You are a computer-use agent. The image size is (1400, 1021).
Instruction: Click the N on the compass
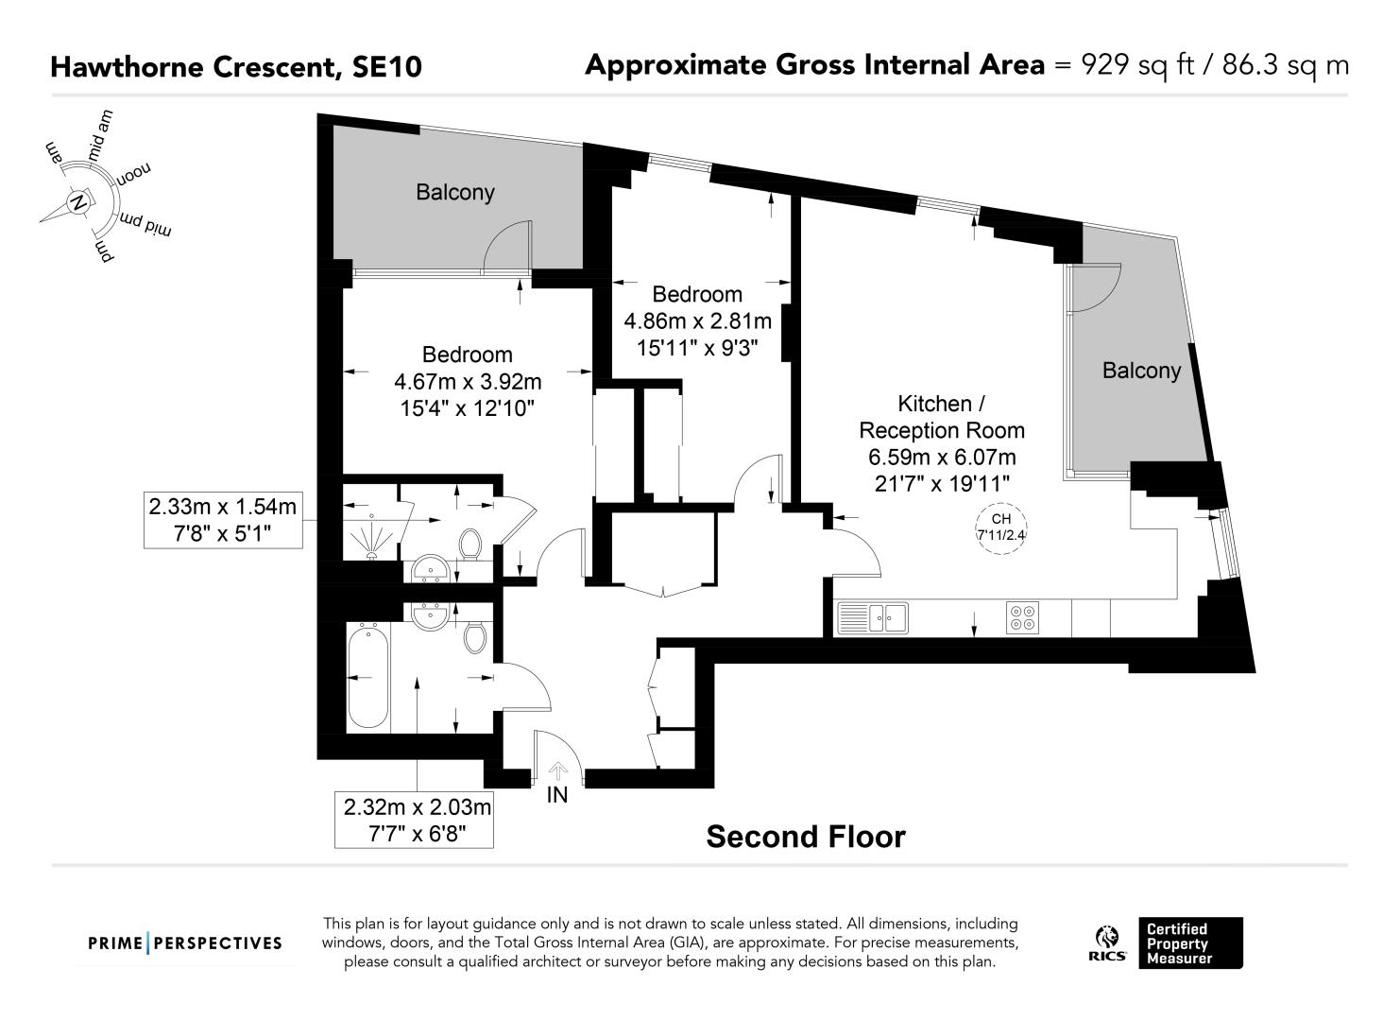pyautogui.click(x=78, y=202)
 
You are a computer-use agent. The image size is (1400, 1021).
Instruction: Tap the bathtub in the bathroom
pyautogui.click(x=368, y=677)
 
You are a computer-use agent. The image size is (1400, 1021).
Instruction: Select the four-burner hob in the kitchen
pyautogui.click(x=1022, y=617)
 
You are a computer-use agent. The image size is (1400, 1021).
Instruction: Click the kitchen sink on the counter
pyautogui.click(x=873, y=617)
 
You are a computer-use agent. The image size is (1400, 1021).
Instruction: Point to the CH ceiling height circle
pyautogui.click(x=1001, y=528)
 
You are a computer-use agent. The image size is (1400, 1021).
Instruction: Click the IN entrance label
pyautogui.click(x=556, y=794)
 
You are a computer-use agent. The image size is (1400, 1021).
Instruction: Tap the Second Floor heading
pyautogui.click(x=806, y=837)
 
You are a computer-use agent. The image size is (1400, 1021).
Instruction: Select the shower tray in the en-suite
pyautogui.click(x=371, y=536)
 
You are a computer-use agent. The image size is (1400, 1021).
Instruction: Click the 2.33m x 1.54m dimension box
pyautogui.click(x=223, y=521)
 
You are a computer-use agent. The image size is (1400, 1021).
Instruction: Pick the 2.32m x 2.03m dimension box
pyautogui.click(x=414, y=821)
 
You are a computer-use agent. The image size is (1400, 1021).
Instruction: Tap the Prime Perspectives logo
pyautogui.click(x=185, y=943)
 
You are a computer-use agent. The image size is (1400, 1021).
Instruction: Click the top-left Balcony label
pyautogui.click(x=455, y=192)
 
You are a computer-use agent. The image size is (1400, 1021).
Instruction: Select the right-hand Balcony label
pyautogui.click(x=1141, y=371)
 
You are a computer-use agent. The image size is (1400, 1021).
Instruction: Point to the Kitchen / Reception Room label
pyautogui.click(x=941, y=417)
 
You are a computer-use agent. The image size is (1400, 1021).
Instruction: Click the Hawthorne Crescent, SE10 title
pyautogui.click(x=236, y=67)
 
